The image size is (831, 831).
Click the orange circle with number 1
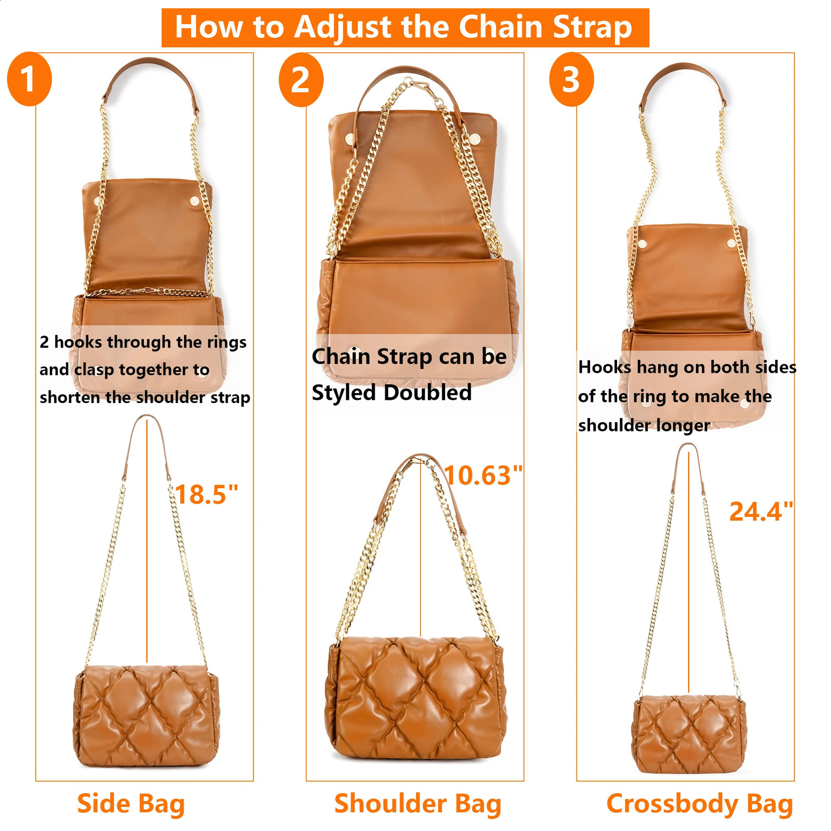tap(30, 79)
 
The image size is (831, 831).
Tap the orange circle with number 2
tap(301, 80)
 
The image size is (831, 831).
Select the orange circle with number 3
tap(571, 79)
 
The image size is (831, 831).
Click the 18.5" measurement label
tap(207, 494)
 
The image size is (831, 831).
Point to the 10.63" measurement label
tap(484, 475)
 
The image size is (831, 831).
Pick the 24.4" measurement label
tap(761, 512)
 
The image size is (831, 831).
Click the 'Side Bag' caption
tap(131, 804)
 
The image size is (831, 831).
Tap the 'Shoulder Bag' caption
tap(418, 804)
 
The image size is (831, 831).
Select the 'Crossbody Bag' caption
tap(700, 804)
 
